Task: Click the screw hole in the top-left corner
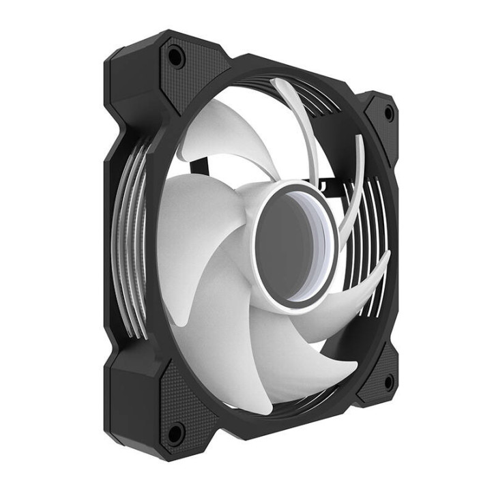[x=175, y=57]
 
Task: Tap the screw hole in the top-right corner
[x=388, y=113]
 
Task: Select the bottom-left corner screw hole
[x=175, y=431]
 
